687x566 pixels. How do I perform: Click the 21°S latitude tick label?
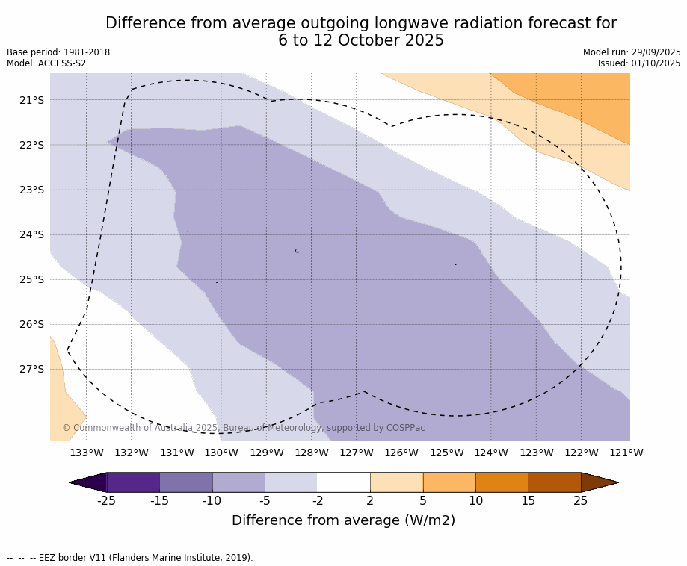coord(31,100)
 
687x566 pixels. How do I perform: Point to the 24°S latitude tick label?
coord(31,234)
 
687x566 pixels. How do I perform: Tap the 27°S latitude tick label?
coord(31,369)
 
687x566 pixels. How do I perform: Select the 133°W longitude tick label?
coord(87,453)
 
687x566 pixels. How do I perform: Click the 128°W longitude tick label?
coord(312,453)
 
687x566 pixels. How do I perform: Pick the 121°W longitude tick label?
coord(626,453)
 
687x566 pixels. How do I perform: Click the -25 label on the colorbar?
coord(106,500)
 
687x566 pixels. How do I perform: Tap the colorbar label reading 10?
coord(475,500)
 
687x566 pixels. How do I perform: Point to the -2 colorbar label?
coord(317,500)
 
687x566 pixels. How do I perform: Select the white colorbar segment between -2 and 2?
coord(344,482)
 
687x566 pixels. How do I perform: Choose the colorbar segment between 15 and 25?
coord(555,482)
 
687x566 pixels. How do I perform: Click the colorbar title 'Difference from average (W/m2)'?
coord(343,520)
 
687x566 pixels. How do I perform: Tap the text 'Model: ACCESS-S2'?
coord(46,63)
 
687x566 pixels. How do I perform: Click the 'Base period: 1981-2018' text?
coord(58,52)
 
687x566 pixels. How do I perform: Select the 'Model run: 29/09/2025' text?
coord(632,52)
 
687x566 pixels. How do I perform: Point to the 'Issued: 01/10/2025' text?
coord(639,63)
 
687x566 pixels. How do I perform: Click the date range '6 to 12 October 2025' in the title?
coord(361,41)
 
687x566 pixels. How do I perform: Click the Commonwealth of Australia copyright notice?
coord(244,428)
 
